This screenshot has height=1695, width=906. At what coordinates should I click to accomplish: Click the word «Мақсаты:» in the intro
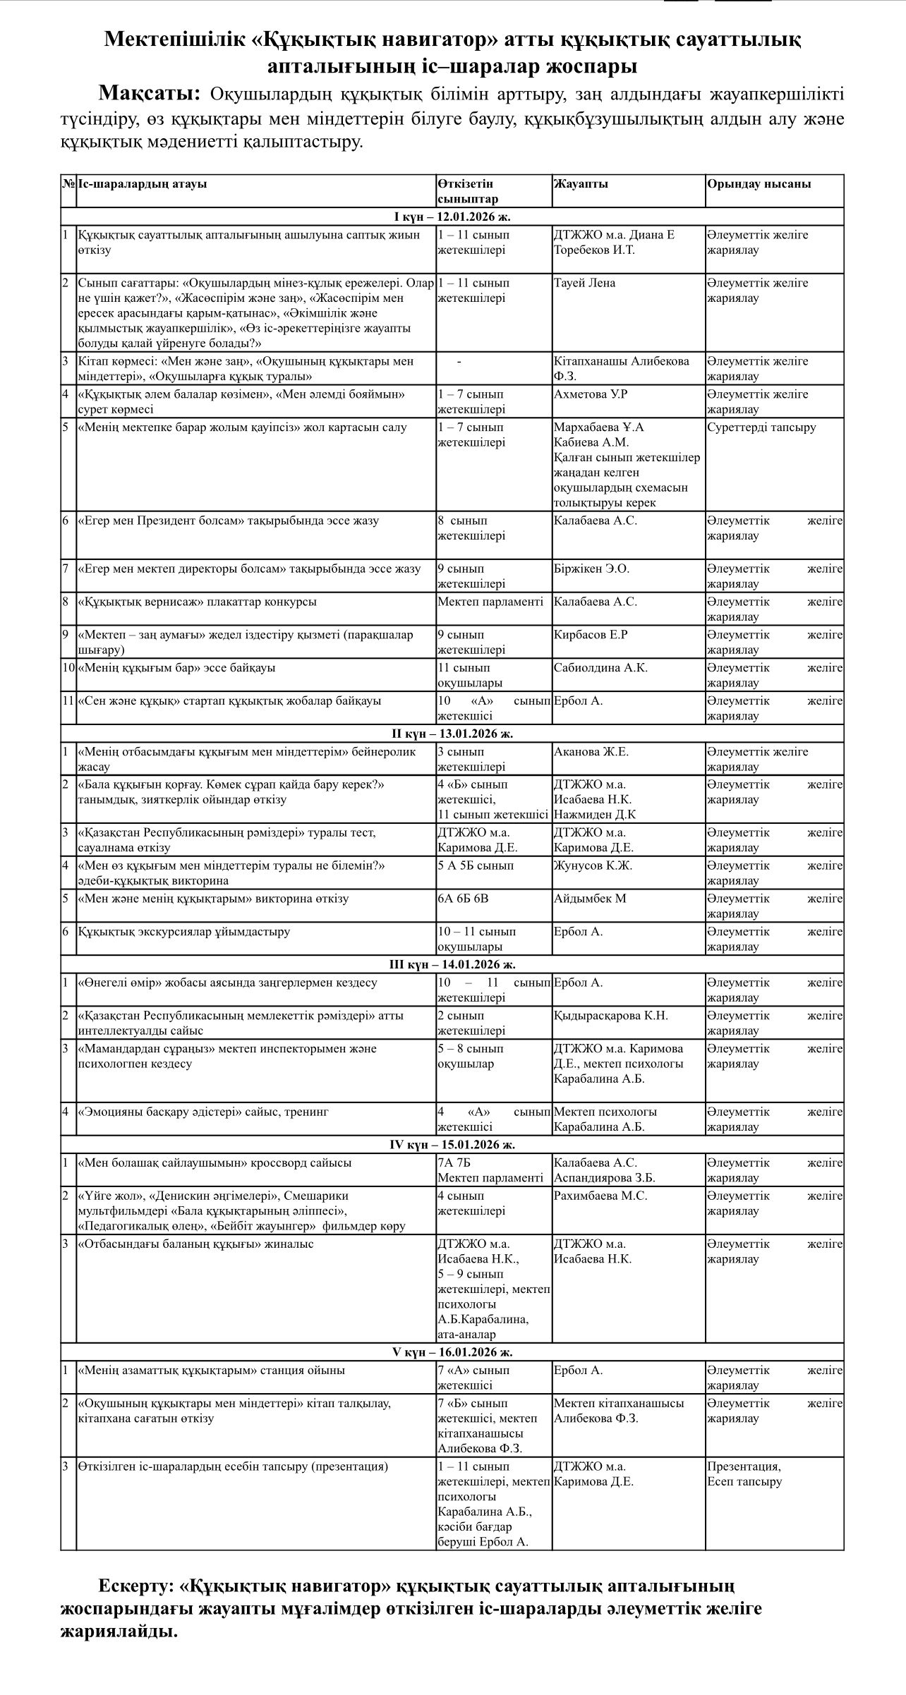[x=150, y=93]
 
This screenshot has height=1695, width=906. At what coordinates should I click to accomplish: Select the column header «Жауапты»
[x=581, y=184]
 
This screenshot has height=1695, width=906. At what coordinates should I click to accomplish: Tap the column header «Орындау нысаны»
[x=759, y=184]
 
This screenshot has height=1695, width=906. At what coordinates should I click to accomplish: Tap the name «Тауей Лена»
[x=584, y=283]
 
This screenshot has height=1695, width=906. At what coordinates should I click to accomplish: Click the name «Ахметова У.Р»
[x=590, y=394]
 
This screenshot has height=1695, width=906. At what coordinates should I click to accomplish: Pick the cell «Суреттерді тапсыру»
[x=761, y=427]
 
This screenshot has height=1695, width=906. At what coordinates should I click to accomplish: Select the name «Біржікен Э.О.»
[x=591, y=569]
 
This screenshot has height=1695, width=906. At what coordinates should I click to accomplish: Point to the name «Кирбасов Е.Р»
[x=591, y=635]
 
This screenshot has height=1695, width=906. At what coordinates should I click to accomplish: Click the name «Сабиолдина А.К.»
[x=600, y=667]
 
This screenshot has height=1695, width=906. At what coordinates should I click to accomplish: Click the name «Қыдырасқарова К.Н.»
[x=610, y=1016]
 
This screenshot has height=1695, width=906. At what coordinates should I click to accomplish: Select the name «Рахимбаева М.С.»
[x=600, y=1196]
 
